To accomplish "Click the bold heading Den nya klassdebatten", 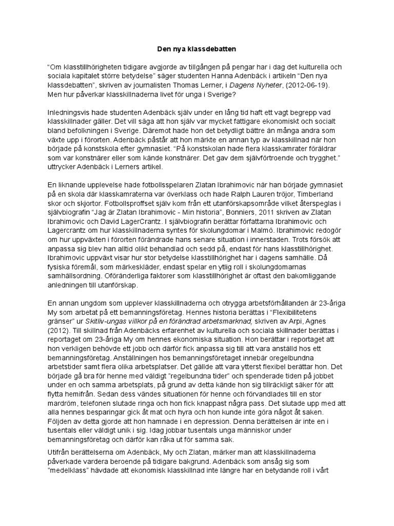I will (196, 49).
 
